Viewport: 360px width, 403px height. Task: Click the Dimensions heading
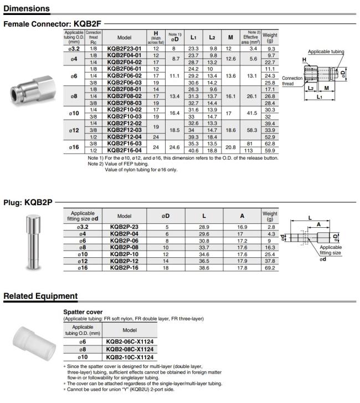point(27,8)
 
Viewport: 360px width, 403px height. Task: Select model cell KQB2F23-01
point(124,49)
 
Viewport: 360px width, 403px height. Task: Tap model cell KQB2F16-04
point(124,150)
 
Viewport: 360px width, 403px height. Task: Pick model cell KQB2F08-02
point(124,96)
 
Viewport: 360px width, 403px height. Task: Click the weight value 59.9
point(270,150)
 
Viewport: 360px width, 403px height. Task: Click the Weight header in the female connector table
point(270,37)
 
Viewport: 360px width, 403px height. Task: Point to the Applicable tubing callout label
point(326,52)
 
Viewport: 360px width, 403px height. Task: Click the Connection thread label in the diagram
point(292,81)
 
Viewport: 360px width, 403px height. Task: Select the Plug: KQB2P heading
point(28,202)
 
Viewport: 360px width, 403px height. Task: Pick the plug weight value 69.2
point(270,267)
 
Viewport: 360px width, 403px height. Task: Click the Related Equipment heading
point(40,296)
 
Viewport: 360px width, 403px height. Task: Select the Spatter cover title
point(83,312)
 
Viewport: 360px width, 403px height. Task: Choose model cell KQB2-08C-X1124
point(130,350)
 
